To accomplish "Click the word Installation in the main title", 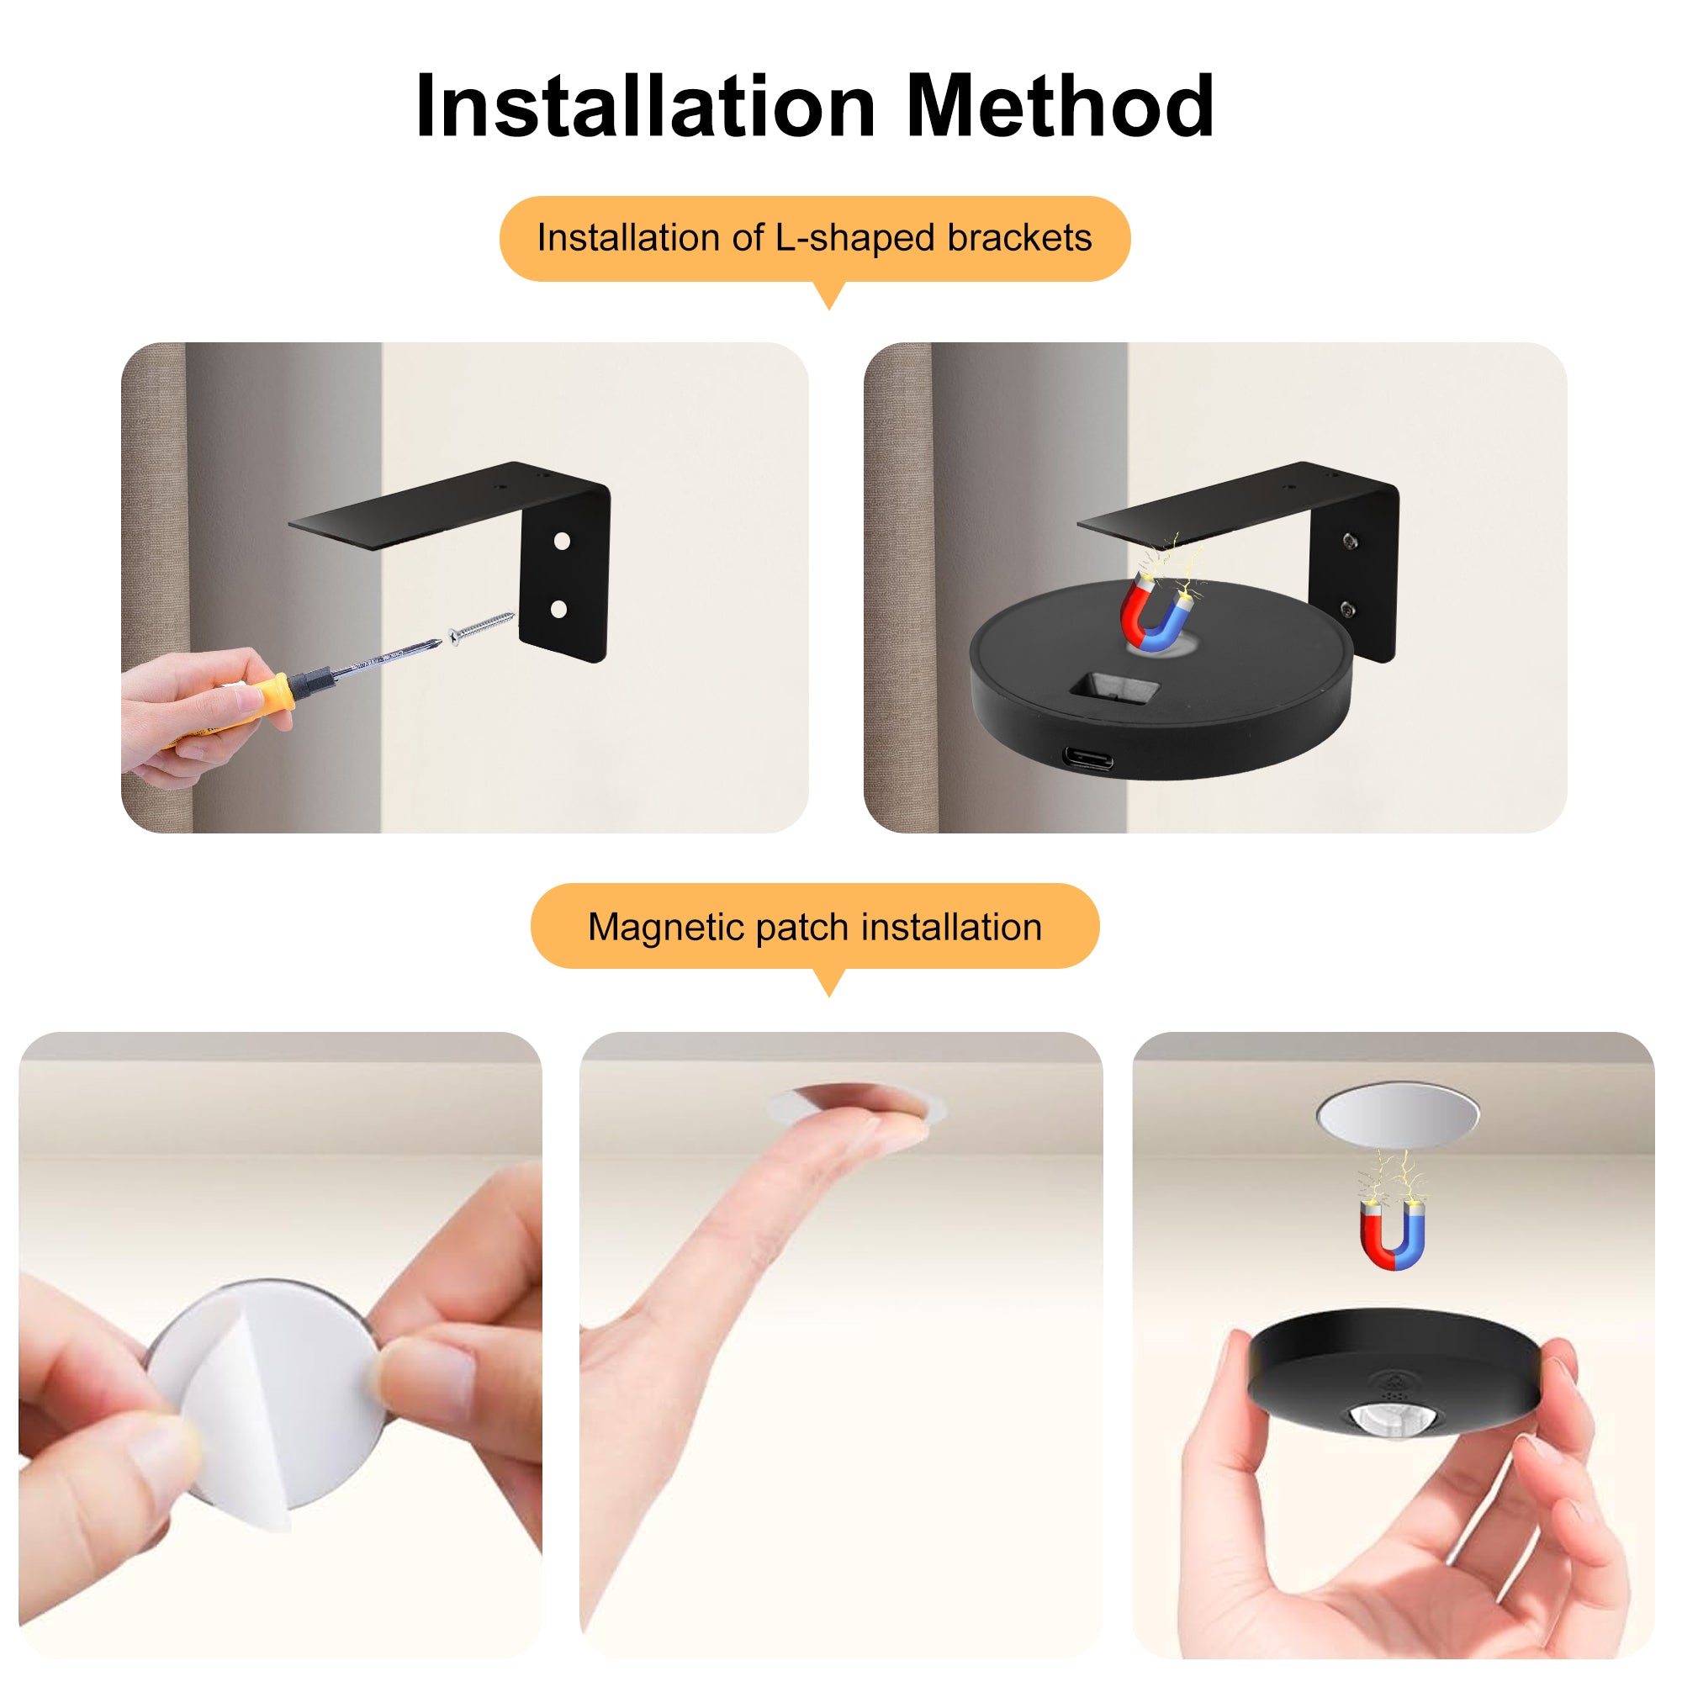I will pos(645,106).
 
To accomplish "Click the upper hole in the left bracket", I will pos(563,542).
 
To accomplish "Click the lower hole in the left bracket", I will pos(560,610).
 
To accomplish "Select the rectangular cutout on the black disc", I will pos(1114,690).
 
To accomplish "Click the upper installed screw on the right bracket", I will pos(1350,542).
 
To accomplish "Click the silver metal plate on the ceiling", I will pos(1397,1113).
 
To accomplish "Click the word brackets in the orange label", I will pos(1018,238).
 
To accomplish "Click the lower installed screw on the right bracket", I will pos(1347,610).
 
